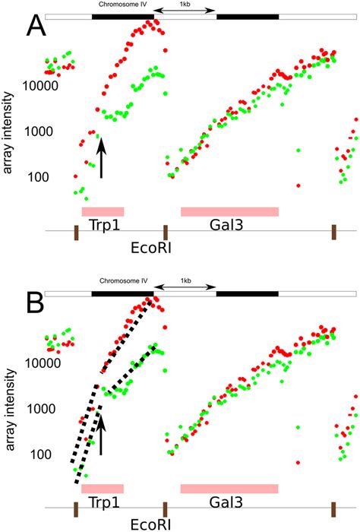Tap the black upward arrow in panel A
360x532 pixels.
101,157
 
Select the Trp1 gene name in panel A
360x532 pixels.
103,226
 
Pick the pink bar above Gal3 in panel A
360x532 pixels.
229,211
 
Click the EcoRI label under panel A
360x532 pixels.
144,247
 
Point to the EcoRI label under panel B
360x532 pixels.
144,524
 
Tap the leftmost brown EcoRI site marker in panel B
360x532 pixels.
75,509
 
